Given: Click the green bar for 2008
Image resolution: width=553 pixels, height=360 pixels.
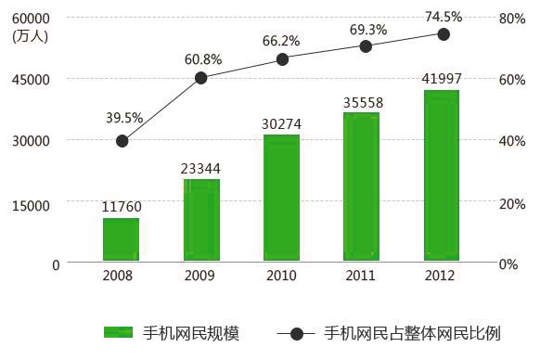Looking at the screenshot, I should coord(121,239).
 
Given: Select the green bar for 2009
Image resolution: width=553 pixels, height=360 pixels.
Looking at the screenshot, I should coord(201,220).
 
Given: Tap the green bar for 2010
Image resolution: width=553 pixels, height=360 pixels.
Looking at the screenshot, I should coord(281,198).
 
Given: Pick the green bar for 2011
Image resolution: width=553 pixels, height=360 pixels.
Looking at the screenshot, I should coord(361,186).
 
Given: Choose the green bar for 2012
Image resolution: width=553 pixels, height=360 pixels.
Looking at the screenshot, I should coord(442,175).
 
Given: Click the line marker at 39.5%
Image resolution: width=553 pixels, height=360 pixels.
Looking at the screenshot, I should coord(122,141).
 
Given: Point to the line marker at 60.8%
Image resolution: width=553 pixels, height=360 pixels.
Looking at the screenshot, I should coord(201,78).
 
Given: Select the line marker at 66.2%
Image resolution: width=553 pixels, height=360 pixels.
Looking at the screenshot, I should coord(282,59).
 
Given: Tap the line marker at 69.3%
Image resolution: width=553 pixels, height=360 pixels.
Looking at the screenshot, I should coord(366,46).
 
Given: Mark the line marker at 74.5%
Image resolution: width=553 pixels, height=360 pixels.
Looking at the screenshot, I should coord(444,34).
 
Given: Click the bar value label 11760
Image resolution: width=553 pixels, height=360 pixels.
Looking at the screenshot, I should coord(122,208).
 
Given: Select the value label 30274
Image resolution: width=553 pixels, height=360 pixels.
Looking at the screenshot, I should coord(282,123).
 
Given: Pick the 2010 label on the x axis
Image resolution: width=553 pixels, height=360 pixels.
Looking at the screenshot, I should coord(281,276).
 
